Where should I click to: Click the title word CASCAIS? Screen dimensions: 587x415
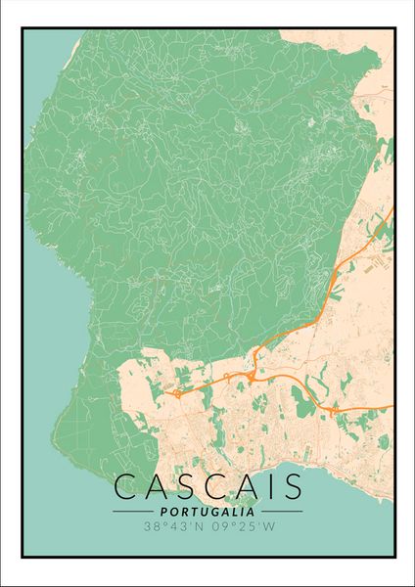pos(207,488)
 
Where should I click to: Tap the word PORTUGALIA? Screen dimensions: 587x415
pos(207,511)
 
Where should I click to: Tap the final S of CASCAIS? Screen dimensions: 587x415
pos(290,488)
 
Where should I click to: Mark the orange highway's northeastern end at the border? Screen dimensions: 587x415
pos(391,210)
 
